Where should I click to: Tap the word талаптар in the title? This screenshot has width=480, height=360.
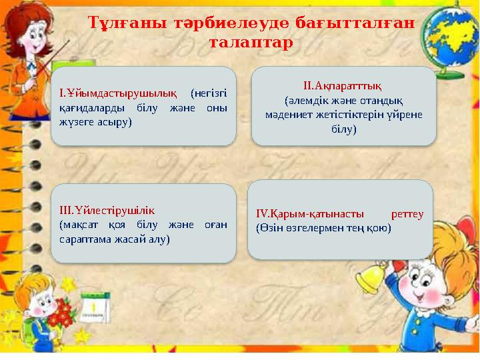(251, 43)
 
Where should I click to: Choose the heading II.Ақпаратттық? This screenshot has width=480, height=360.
(342, 85)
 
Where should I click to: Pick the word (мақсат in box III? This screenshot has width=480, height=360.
(77, 225)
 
